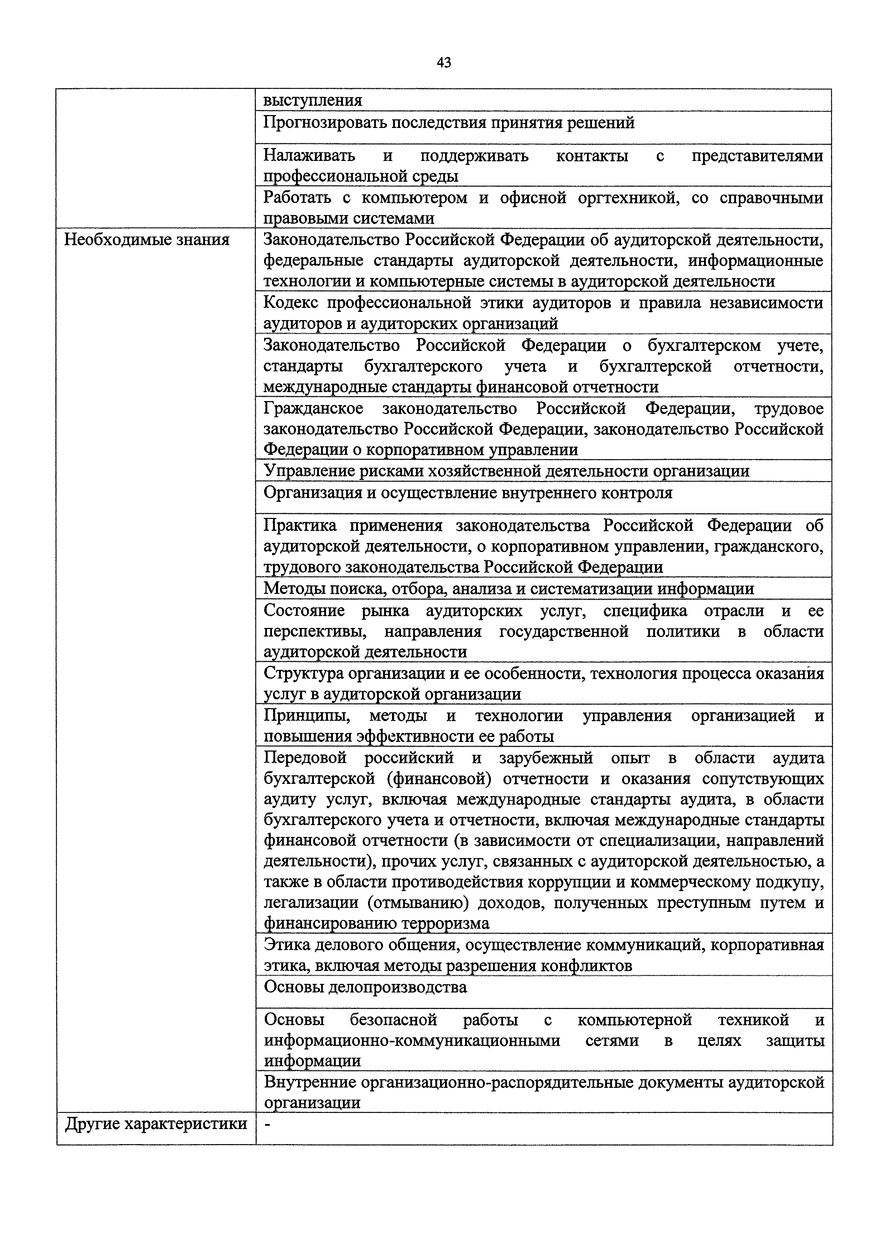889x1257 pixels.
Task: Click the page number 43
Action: [x=444, y=63]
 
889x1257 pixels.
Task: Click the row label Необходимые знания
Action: [x=147, y=240]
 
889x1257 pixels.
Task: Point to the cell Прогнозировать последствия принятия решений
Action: [x=449, y=123]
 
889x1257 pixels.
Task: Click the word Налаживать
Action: [x=309, y=156]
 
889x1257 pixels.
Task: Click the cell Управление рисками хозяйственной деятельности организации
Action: [x=506, y=471]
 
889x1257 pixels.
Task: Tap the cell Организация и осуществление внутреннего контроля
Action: [x=468, y=493]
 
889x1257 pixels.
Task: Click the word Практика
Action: [x=300, y=525]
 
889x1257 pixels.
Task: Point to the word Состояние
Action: [x=305, y=610]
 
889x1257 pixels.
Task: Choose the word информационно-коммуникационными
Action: [x=412, y=1040]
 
